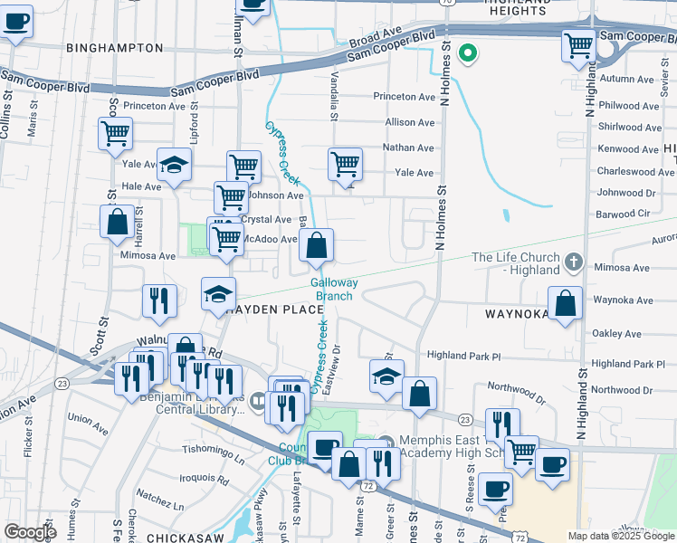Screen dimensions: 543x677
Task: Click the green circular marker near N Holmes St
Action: (x=468, y=53)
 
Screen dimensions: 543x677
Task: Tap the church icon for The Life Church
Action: (x=572, y=262)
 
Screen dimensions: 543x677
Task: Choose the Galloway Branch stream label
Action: (x=334, y=289)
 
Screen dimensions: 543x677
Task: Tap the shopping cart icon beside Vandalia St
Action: (x=345, y=164)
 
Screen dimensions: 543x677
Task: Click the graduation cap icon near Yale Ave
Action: (x=175, y=165)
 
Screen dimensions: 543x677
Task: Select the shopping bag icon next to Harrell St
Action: (x=118, y=222)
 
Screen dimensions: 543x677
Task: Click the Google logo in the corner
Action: (x=30, y=531)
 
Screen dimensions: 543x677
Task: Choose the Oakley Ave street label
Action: (x=615, y=334)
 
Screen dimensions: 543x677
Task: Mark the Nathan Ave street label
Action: (x=408, y=148)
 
